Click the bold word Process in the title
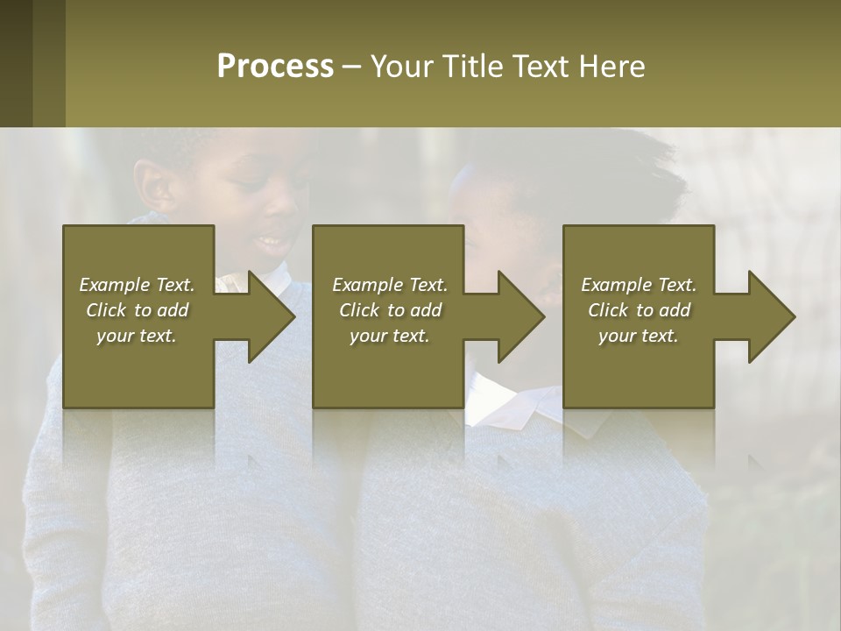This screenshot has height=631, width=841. click(275, 67)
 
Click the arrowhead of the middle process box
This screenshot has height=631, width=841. click(520, 316)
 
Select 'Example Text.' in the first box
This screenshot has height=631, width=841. click(137, 285)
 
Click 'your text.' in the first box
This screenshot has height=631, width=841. click(137, 336)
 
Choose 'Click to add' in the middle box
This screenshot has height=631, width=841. click(390, 310)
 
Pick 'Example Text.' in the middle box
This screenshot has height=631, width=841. click(390, 285)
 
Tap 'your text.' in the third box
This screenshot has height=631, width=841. click(639, 336)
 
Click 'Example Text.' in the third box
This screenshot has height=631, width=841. click(639, 285)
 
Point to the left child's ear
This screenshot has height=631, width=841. click(157, 186)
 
